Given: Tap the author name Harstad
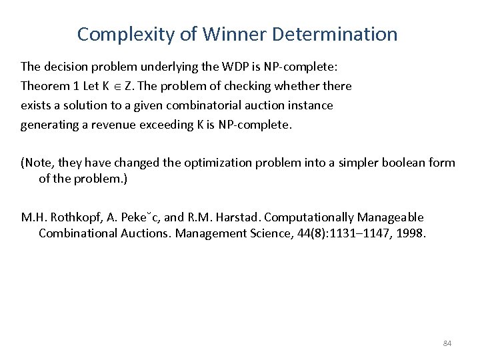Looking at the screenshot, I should (223, 217).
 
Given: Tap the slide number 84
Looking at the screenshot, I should (447, 343).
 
